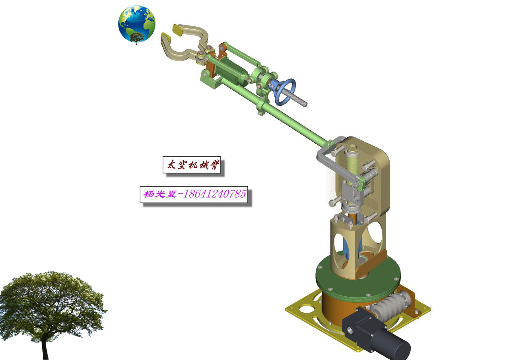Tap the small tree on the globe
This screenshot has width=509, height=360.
(x=137, y=37)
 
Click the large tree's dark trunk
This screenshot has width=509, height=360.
(x=45, y=348)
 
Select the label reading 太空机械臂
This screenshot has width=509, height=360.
(x=192, y=165)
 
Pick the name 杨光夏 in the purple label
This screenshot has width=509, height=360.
(x=159, y=195)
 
